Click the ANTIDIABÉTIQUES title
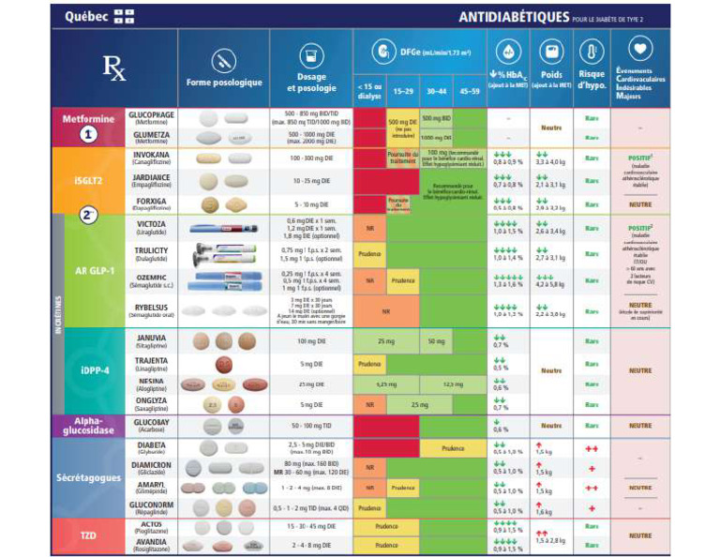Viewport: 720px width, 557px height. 514,17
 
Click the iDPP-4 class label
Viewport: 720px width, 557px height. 91,369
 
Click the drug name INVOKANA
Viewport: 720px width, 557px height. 150,157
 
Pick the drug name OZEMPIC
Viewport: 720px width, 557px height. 151,275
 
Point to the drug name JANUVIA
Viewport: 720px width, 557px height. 151,338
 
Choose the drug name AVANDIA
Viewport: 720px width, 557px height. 151,542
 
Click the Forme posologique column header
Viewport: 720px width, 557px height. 224,83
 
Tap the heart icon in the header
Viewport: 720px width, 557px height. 640,50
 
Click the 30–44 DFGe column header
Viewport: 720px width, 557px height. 435,92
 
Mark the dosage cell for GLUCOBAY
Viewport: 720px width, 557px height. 311,426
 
